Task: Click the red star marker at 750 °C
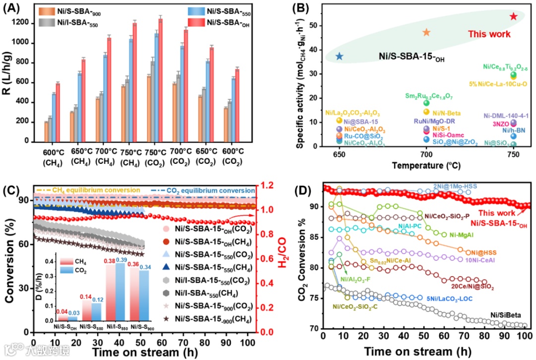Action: coord(513,16)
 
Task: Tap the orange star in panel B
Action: coord(426,32)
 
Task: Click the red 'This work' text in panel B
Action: coord(489,34)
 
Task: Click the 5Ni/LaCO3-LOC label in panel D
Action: coord(449,298)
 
